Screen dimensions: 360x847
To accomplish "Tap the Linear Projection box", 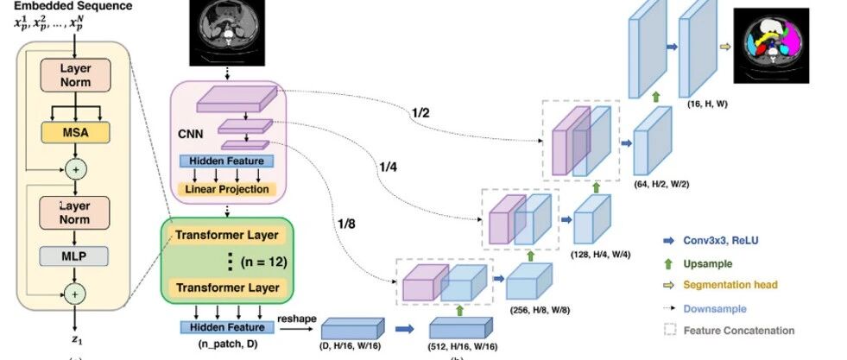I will pyautogui.click(x=227, y=189).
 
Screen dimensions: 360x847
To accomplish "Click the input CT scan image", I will pyautogui.click(x=227, y=33).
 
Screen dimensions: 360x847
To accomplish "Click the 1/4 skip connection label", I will pyautogui.click(x=387, y=166).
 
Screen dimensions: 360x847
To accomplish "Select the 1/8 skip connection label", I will pyautogui.click(x=347, y=225).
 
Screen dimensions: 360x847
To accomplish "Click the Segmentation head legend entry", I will pyautogui.click(x=730, y=285).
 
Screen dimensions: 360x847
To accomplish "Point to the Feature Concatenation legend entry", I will pyautogui.click(x=738, y=330).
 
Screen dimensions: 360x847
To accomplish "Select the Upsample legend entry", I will pyautogui.click(x=707, y=262).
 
